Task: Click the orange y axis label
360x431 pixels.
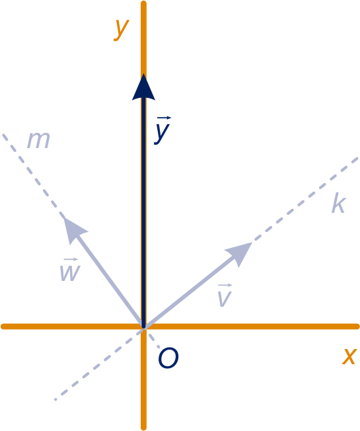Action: [121, 30]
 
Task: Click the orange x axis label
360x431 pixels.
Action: [349, 356]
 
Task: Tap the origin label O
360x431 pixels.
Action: [168, 358]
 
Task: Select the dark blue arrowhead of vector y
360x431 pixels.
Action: [143, 87]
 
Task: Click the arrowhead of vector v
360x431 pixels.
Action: [240, 253]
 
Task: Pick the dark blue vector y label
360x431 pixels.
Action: [162, 130]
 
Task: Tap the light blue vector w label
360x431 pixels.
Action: [70, 270]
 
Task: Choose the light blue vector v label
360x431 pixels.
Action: [225, 295]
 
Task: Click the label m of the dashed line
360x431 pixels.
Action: [38, 140]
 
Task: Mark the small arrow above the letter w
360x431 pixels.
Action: [71, 260]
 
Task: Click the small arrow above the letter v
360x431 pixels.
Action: [225, 286]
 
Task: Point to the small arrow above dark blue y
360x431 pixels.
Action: [164, 118]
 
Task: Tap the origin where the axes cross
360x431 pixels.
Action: [143, 327]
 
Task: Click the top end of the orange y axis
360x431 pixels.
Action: [143, 3]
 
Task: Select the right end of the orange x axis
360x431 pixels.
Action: [357, 327]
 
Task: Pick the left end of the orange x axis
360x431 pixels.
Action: [3, 327]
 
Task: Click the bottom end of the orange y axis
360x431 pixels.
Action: [143, 428]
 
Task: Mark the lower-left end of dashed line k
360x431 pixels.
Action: [55, 399]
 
